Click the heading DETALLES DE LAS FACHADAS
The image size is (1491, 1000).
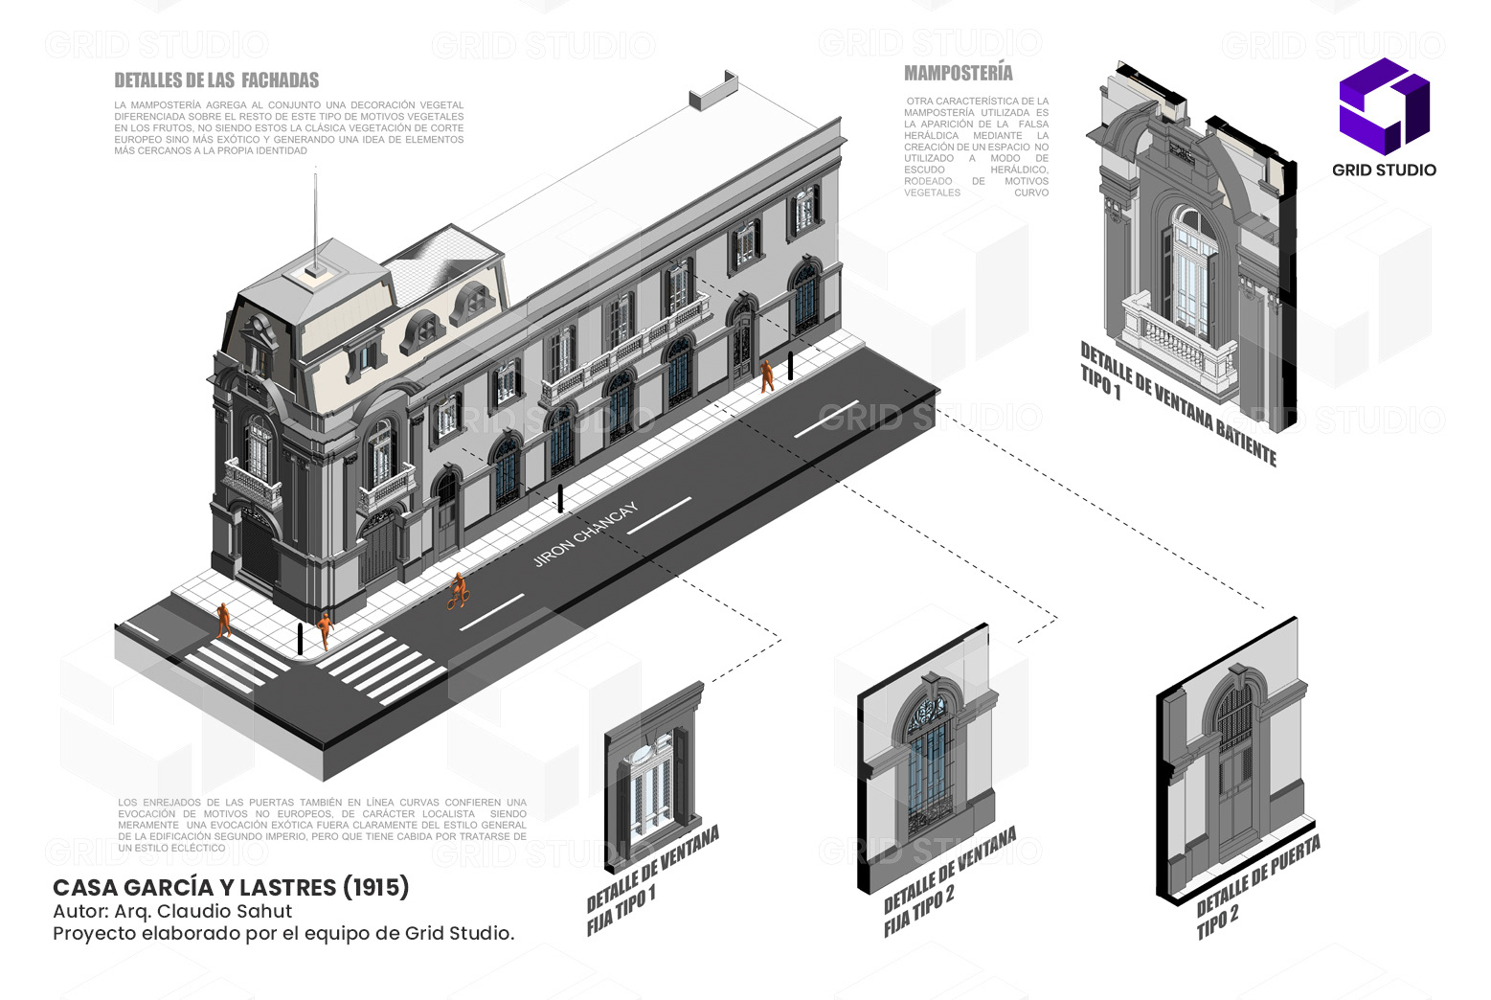point(215,80)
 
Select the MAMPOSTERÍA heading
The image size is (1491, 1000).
point(958,73)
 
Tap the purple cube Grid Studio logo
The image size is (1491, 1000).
point(1384,105)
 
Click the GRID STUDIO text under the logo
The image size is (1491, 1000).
point(1384,170)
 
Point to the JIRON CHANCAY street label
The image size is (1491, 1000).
point(584,534)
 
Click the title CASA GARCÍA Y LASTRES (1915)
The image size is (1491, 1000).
point(231,887)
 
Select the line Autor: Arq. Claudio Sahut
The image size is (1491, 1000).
point(172,911)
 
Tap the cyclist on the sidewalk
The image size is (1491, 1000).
point(459,591)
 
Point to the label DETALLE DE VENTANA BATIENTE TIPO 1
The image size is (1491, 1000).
point(1178,402)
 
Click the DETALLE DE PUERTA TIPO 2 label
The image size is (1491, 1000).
point(1257,886)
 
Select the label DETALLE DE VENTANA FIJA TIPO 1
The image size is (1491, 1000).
point(651,881)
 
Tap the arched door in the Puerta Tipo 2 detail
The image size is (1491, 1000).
point(1234,766)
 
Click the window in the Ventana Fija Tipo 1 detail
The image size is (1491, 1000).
point(651,781)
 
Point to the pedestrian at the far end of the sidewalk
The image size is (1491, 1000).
point(767,375)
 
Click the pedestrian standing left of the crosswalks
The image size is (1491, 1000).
point(224,620)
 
